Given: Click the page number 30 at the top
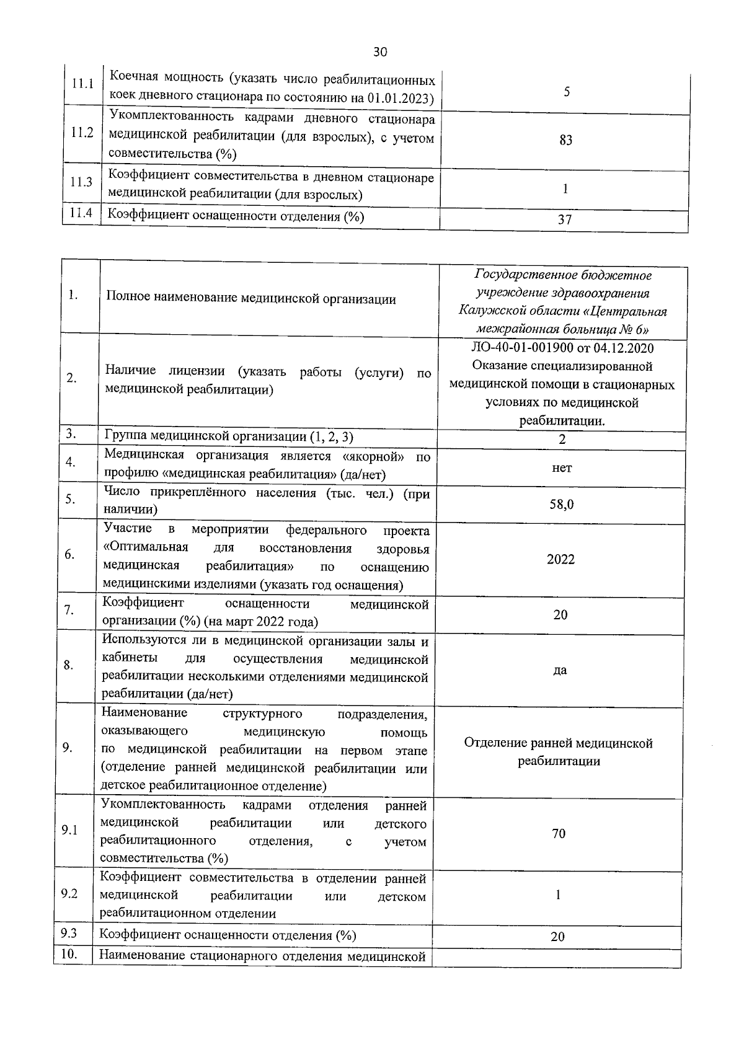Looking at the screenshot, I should [x=380, y=52].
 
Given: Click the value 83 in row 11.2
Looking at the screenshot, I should [x=565, y=141].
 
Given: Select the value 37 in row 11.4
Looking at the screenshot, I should [x=564, y=220].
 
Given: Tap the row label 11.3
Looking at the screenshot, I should [x=81, y=182].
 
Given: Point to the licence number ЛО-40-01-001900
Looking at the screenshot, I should [x=519, y=348].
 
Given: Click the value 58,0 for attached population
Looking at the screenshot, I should [x=562, y=505].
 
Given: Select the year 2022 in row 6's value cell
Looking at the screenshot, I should [x=560, y=560].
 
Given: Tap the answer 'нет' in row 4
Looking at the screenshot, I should [x=562, y=468].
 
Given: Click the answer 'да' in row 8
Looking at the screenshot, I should [x=560, y=671].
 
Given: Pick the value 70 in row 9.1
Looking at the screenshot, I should [x=559, y=834].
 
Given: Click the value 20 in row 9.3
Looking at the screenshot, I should [x=557, y=937].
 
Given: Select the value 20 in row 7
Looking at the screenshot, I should [x=560, y=615].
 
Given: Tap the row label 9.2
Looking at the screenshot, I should [x=69, y=894].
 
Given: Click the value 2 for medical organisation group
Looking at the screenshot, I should [x=562, y=440].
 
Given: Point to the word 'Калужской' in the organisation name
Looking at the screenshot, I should [x=488, y=311].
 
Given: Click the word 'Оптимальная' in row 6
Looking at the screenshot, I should [x=146, y=549].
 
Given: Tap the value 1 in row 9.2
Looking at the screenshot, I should [x=558, y=895].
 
